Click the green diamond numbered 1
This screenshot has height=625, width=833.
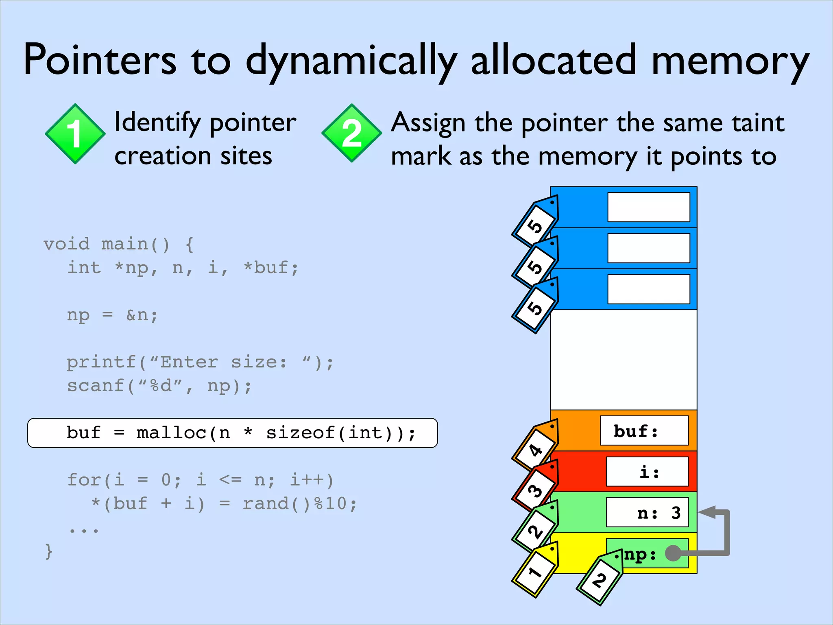click(75, 134)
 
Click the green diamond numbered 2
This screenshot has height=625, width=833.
click(352, 133)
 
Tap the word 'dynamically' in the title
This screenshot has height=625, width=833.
click(351, 61)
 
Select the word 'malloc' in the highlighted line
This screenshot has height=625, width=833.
click(171, 433)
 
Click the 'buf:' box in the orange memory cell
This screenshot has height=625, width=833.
click(644, 431)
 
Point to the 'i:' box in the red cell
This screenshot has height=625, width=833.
click(647, 472)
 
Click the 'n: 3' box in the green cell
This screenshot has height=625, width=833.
click(647, 513)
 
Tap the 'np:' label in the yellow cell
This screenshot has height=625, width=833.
click(640, 554)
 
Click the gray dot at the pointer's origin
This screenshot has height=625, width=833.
click(673, 553)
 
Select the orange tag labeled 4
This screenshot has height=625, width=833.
click(535, 448)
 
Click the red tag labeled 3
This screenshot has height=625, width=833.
click(535, 488)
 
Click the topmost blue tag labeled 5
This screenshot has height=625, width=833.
click(535, 224)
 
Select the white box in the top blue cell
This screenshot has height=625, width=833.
click(649, 207)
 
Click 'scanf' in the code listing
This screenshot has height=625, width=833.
click(96, 386)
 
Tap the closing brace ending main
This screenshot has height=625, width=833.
click(49, 552)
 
